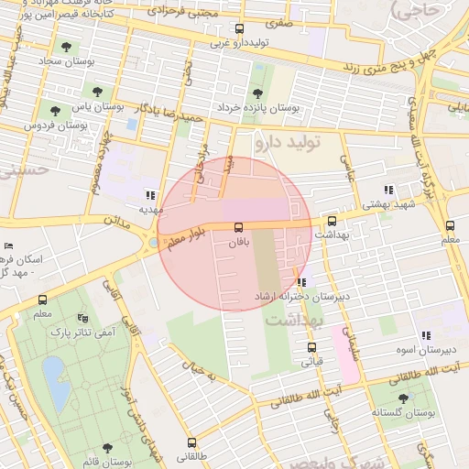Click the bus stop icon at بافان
point(239,226)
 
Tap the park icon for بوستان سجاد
point(64,47)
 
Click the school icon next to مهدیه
point(150,195)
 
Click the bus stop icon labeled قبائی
point(312,347)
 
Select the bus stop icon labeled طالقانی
point(191,442)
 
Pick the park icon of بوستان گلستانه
point(403,398)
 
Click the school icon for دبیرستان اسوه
point(426,336)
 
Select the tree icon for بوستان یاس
point(97,92)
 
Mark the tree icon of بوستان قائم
point(107,448)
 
